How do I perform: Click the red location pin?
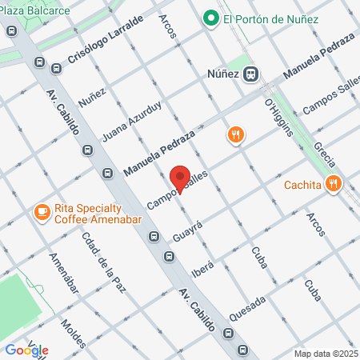[181, 178]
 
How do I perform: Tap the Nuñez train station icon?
[251, 73]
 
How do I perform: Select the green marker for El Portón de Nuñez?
[211, 18]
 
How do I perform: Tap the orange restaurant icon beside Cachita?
[334, 186]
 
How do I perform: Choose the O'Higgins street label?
[278, 117]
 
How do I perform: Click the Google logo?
[26, 350]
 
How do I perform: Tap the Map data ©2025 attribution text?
[326, 354]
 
